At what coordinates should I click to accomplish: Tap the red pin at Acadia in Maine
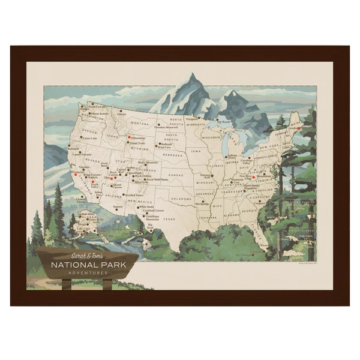coord(299,128)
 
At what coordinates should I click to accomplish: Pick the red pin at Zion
coord(111,178)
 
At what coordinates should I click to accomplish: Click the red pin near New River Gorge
coord(254,178)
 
